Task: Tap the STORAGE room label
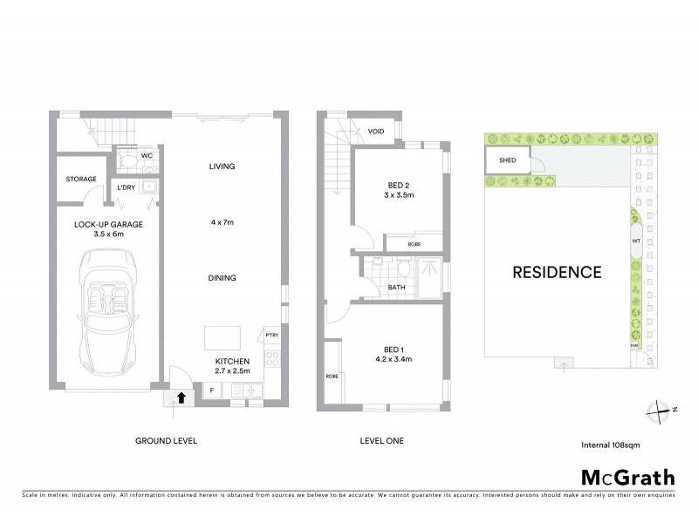coord(81,180)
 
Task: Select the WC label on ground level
coord(147,156)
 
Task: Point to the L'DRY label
coord(127,187)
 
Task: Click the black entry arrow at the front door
coord(181,397)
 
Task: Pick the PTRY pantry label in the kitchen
coord(270,334)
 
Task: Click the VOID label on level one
coord(376,132)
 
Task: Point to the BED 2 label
coord(400,185)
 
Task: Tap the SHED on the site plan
coord(507,161)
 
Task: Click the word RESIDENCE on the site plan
coord(557,272)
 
